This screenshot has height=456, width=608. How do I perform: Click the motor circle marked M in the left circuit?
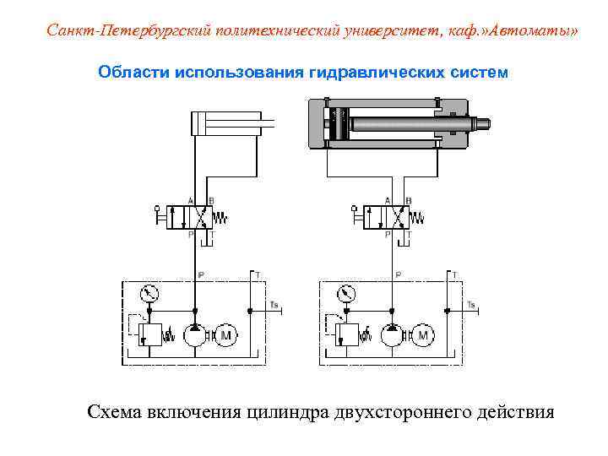pyautogui.click(x=225, y=336)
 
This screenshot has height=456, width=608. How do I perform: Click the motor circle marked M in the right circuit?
pyautogui.click(x=422, y=336)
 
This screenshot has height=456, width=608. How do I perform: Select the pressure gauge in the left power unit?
pyautogui.click(x=149, y=294)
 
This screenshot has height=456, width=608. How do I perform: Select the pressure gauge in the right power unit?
pyautogui.click(x=346, y=294)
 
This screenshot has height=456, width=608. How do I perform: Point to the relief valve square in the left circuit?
pyautogui.click(x=154, y=334)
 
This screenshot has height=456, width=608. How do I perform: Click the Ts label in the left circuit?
pyautogui.click(x=273, y=304)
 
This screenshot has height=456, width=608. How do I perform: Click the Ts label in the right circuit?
pyautogui.click(x=470, y=304)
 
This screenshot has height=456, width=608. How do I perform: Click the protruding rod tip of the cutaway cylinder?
pyautogui.click(x=484, y=124)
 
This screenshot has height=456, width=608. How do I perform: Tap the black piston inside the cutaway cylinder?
pyautogui.click(x=338, y=124)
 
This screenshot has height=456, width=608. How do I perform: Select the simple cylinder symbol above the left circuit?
pyautogui.click(x=224, y=126)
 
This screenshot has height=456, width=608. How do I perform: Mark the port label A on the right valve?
pyautogui.click(x=387, y=200)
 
